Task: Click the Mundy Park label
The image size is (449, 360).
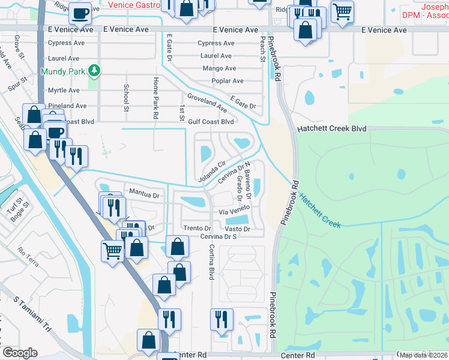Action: point(62,71)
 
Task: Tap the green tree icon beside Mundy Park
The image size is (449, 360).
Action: point(94,71)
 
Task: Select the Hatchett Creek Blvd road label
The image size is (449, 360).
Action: point(331,129)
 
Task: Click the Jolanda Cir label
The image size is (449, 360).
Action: point(212,172)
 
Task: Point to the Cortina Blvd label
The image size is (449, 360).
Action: point(211,262)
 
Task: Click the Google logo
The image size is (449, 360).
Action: point(19,352)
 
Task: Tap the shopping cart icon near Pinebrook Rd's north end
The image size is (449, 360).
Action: point(342,10)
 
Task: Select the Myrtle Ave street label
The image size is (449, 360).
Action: point(64,90)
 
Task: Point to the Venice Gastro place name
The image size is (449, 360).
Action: point(134,5)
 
